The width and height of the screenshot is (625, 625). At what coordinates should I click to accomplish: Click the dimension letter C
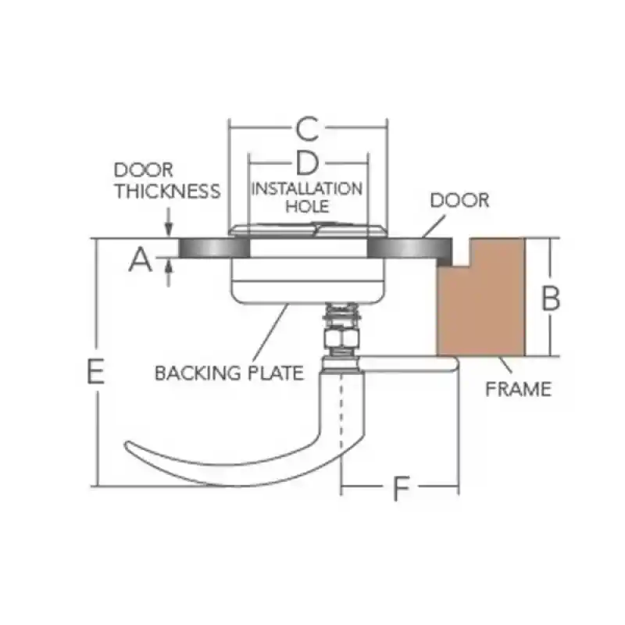click(308, 129)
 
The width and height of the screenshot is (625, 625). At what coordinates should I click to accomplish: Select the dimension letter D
click(308, 163)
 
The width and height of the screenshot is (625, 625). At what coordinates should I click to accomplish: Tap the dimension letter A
click(141, 259)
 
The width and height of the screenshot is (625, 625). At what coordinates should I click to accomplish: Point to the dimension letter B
click(551, 298)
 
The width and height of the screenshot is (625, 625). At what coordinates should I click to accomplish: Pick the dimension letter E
click(95, 372)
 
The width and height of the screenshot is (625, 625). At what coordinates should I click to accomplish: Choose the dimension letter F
click(401, 489)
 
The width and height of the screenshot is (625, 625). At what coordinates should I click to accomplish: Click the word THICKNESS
click(168, 191)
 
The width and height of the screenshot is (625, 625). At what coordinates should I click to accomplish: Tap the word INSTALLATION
click(307, 189)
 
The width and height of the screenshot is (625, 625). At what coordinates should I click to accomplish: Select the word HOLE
click(307, 206)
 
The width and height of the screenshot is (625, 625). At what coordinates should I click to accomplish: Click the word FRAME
click(518, 389)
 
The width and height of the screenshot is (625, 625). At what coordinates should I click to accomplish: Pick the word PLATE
click(276, 373)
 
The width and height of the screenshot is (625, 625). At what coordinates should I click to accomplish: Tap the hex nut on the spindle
click(342, 339)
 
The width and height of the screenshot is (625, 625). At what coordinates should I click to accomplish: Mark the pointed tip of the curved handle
click(127, 444)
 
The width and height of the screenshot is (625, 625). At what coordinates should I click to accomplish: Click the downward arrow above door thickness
click(169, 222)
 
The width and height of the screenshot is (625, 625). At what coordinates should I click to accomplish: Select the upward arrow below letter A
click(169, 272)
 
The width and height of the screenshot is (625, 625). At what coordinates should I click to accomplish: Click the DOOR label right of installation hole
click(459, 200)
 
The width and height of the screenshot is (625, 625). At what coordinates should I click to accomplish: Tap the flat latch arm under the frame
click(409, 364)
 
